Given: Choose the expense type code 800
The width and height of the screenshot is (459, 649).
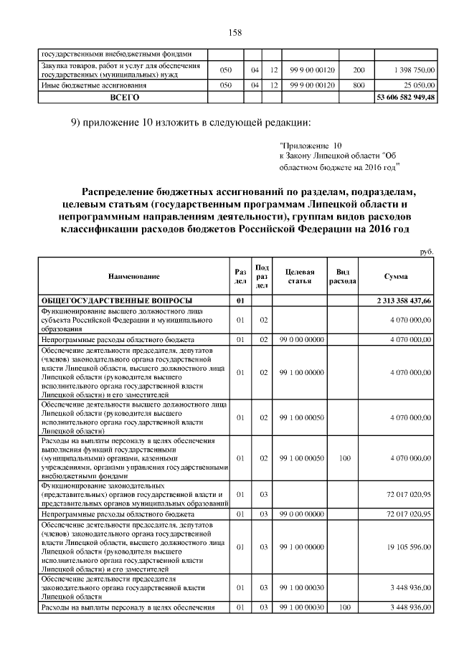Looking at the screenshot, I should point(359,85).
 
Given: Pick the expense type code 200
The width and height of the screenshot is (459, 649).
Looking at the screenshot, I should point(359,70).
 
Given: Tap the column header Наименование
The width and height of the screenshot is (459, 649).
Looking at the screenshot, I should point(134,275).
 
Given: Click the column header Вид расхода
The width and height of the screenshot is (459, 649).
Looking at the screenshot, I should point(342,276).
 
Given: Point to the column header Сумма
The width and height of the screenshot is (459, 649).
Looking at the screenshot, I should point(397,275).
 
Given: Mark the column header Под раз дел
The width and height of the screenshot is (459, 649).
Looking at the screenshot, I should point(262,276).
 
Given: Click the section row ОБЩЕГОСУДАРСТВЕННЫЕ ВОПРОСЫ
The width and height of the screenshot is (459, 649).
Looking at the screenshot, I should point(109,300).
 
